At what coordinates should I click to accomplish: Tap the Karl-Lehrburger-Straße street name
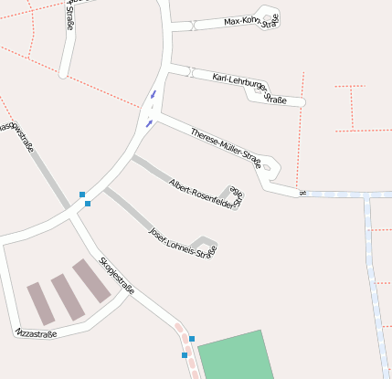point(249,87)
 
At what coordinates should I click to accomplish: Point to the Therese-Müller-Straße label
point(226,147)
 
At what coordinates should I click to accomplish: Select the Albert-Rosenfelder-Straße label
point(207,195)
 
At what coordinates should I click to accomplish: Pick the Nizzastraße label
point(36,334)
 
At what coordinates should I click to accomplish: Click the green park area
point(235,356)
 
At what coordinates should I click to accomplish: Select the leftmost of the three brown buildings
point(41,303)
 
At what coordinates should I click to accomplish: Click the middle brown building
point(67,297)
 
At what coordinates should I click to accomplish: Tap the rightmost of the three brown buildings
point(91,280)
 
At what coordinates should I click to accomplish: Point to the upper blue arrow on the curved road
point(154,93)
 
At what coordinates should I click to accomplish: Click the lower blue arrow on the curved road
point(147,122)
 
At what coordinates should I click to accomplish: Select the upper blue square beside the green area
point(192,339)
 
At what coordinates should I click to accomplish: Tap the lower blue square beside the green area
point(185,354)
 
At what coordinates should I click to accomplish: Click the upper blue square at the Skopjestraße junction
point(82,195)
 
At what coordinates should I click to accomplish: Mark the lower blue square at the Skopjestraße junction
point(88,204)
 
